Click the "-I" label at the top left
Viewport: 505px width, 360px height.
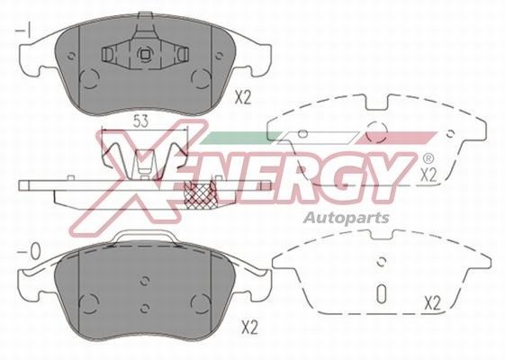click(x=24, y=33)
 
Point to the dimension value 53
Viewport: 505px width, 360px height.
click(x=140, y=120)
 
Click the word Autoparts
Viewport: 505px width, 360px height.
click(x=344, y=217)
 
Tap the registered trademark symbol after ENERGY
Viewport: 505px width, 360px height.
click(x=425, y=156)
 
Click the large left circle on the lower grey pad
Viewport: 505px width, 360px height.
click(x=87, y=299)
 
